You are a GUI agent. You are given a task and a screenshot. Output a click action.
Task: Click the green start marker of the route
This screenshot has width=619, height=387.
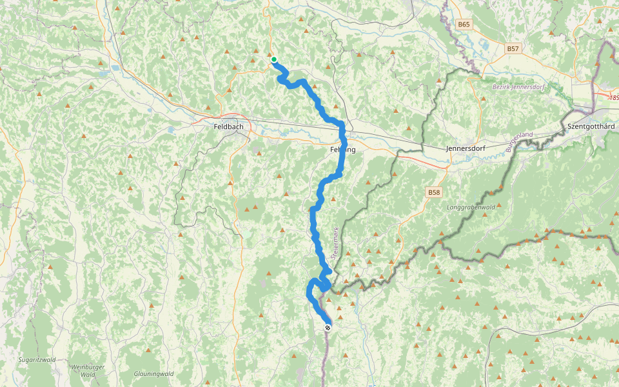(274, 60)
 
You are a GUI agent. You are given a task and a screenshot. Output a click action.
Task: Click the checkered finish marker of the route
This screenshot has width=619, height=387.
(328, 328)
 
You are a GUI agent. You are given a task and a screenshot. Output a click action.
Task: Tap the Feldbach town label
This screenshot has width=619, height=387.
(228, 127)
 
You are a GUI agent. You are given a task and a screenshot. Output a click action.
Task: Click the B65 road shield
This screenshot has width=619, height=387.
(464, 25)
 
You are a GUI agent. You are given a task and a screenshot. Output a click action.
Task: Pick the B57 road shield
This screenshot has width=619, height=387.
(513, 48)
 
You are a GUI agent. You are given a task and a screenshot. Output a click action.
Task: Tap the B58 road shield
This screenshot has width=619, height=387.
(434, 192)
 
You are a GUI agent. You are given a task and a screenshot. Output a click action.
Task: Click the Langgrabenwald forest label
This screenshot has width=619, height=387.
(471, 208)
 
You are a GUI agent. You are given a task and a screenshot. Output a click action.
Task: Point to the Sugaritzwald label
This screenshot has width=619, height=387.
(37, 359)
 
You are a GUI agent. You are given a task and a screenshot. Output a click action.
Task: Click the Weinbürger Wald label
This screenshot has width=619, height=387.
(83, 370)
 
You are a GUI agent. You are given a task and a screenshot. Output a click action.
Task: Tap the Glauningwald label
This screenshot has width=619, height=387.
(154, 373)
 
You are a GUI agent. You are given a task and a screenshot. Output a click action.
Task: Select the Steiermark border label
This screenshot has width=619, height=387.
(335, 243)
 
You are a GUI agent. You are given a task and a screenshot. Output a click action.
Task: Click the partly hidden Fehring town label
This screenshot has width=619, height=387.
(342, 149)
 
